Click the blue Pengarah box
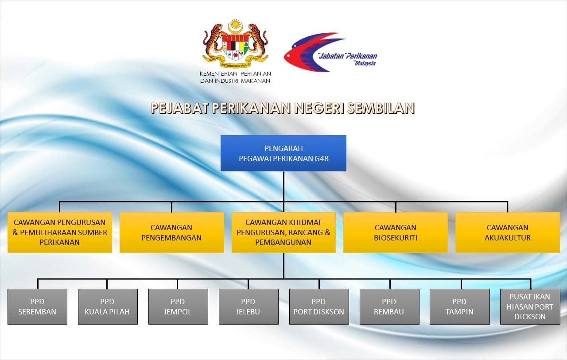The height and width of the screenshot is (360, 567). pyautogui.click(x=283, y=153)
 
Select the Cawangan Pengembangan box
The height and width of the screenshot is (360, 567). pyautogui.click(x=171, y=232)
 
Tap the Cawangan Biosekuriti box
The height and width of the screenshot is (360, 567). pyautogui.click(x=396, y=232)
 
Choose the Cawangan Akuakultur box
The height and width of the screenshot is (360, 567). pyautogui.click(x=508, y=232)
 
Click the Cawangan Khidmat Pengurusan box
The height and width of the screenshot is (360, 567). pyautogui.click(x=283, y=232)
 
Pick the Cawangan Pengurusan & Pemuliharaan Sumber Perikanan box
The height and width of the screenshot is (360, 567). pyautogui.click(x=60, y=232)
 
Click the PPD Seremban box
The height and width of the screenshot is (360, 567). pyautogui.click(x=38, y=306)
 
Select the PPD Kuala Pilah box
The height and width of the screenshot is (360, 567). pyautogui.click(x=108, y=306)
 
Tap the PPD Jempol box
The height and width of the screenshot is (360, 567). pyautogui.click(x=178, y=306)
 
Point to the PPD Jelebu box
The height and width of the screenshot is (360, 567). pyautogui.click(x=249, y=306)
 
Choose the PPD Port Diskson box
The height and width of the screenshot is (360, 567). pyautogui.click(x=319, y=306)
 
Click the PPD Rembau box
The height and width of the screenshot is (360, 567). pyautogui.click(x=389, y=306)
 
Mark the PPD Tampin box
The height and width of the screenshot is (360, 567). pyautogui.click(x=460, y=306)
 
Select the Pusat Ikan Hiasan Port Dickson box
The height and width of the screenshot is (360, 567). pyautogui.click(x=530, y=306)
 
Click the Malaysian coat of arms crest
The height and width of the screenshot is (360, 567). pyautogui.click(x=235, y=43)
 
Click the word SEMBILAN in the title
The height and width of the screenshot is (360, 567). pyautogui.click(x=381, y=108)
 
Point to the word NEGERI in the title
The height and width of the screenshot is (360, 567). pyautogui.click(x=319, y=108)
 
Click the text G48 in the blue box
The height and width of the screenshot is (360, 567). pyautogui.click(x=322, y=159)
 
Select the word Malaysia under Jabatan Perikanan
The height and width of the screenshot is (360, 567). pyautogui.click(x=365, y=63)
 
